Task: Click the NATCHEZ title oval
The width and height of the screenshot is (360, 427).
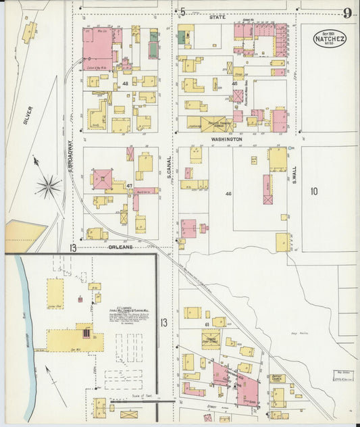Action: tap(329, 38)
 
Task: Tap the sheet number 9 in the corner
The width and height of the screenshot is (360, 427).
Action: tap(346, 13)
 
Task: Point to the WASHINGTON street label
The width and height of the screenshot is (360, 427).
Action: tap(226, 139)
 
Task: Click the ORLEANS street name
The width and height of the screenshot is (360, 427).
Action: tap(122, 247)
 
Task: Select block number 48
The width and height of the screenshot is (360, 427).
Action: tap(125, 83)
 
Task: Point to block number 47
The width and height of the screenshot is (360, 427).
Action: tap(128, 184)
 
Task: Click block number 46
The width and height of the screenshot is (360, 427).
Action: tap(228, 194)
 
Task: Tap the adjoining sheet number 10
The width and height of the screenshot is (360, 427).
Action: tap(313, 191)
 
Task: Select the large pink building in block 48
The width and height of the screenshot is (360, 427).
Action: tap(97, 49)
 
